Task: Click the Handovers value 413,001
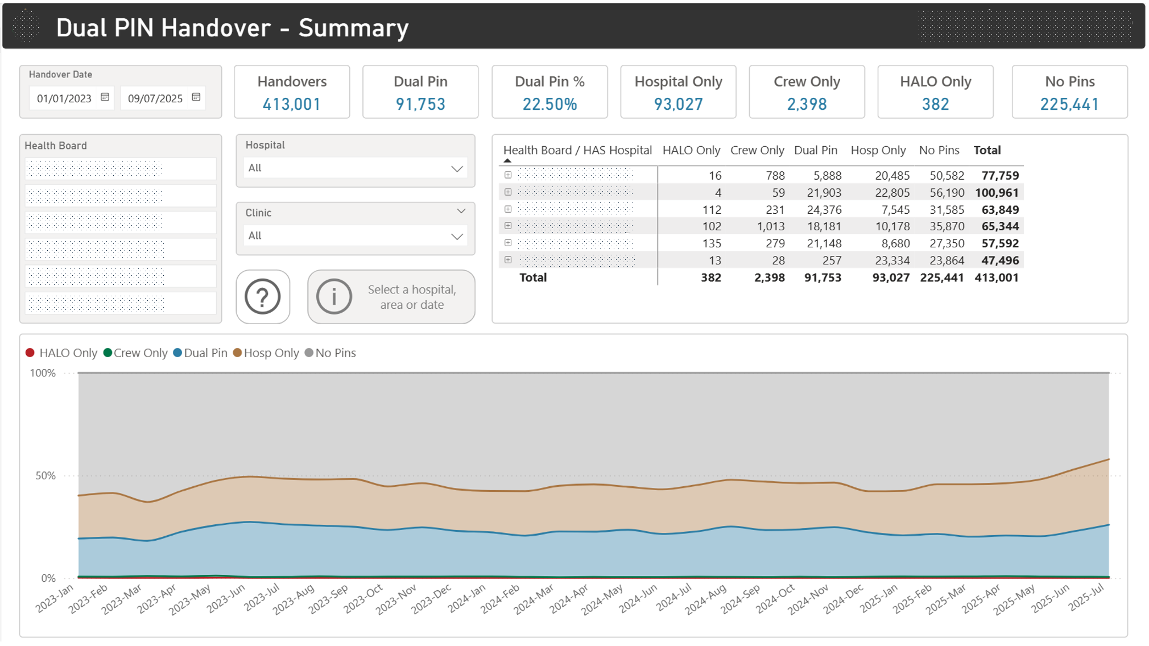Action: point(291,104)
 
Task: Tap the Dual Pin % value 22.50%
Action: point(549,104)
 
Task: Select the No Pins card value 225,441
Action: point(1069,104)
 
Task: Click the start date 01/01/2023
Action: point(64,98)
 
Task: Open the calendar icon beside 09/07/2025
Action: point(196,97)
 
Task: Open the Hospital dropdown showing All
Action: point(355,168)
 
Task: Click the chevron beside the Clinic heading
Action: point(461,211)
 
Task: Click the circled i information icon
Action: point(334,296)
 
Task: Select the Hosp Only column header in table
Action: point(878,150)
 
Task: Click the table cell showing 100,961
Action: point(997,193)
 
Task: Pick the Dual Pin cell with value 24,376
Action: point(824,210)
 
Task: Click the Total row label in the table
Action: point(532,278)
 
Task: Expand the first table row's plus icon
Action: point(508,175)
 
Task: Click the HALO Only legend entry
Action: point(61,353)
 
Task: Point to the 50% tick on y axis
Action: point(46,476)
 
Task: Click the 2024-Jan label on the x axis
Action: point(466,598)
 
